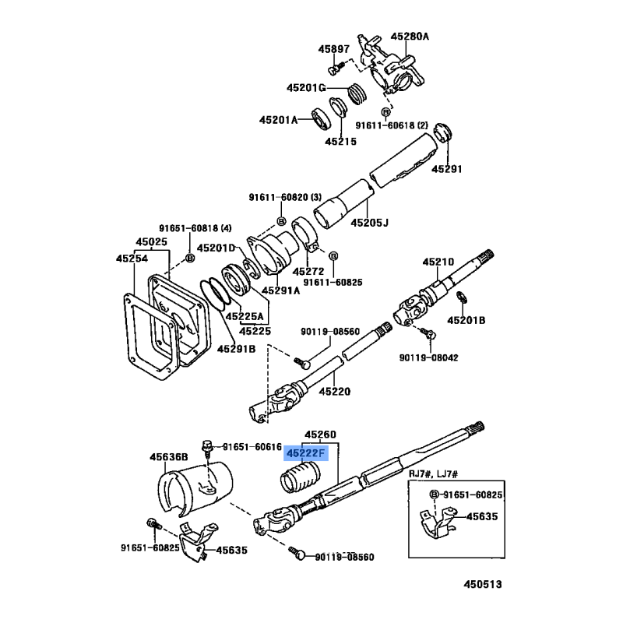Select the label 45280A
coord(410,36)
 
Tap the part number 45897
coord(333,50)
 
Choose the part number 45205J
coord(369,223)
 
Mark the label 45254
coord(132,258)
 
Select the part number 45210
coord(438,262)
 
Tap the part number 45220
coord(336,391)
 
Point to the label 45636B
coord(169,456)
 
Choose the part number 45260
coord(320,434)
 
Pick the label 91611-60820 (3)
coord(286,197)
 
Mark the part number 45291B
coord(236,348)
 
